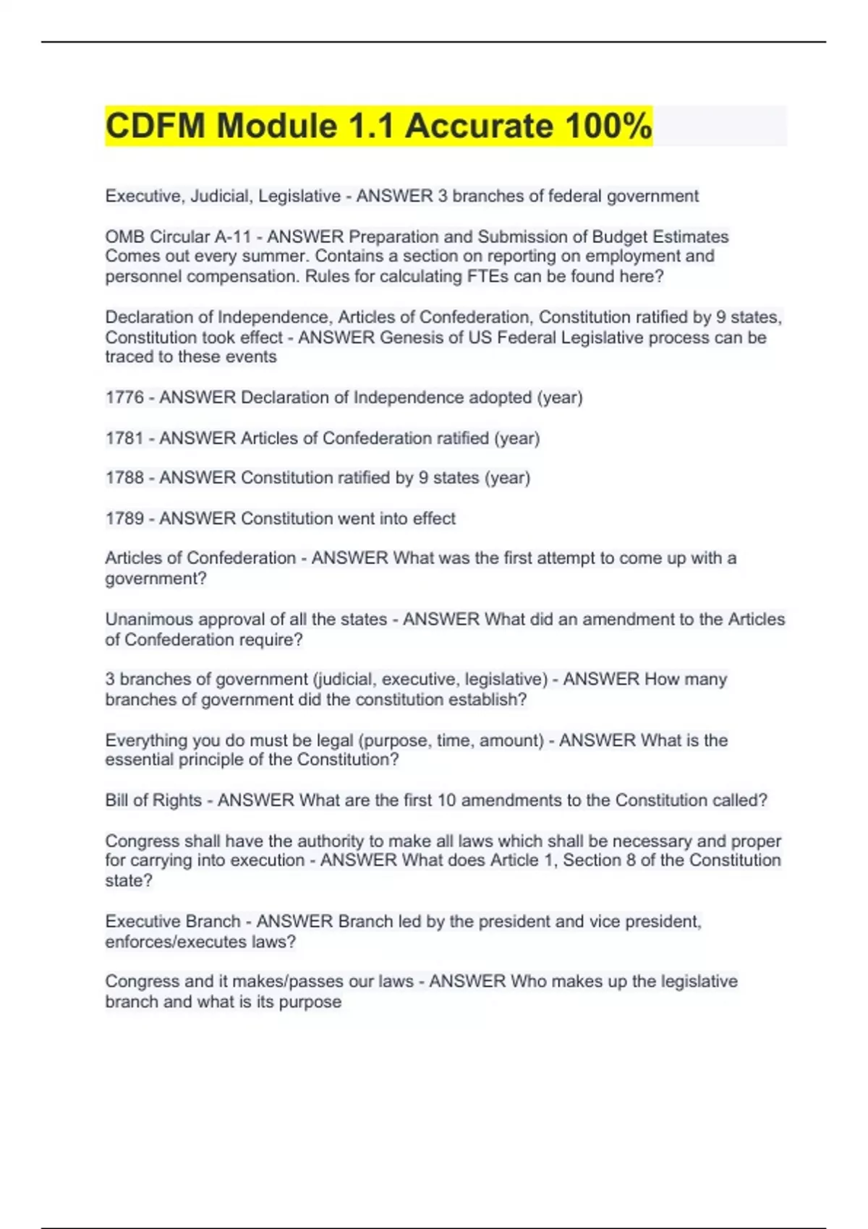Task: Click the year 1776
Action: point(124,398)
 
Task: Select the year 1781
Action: point(124,438)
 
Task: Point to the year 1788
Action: point(124,478)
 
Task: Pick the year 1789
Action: point(124,518)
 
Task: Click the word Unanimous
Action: point(150,620)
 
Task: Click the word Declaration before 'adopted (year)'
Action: point(294,398)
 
